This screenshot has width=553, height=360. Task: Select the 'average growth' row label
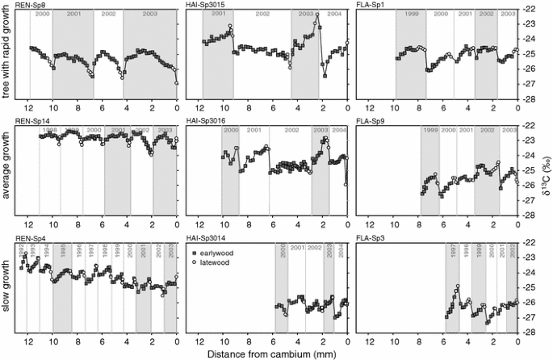pos(6,171)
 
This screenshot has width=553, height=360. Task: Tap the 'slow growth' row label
pos(6,289)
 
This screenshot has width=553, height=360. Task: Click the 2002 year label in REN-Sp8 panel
pos(108,15)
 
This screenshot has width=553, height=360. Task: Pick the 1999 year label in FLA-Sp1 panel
pos(411,15)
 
